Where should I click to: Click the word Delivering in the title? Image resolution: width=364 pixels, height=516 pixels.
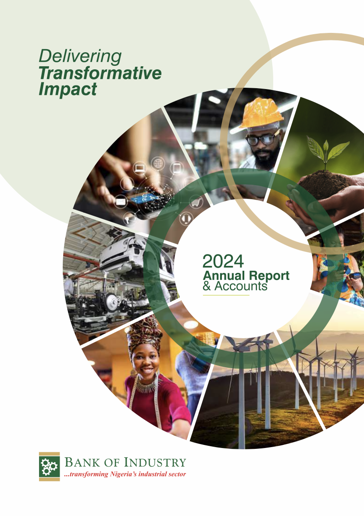(80, 56)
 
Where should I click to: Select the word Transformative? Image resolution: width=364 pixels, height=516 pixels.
(100, 73)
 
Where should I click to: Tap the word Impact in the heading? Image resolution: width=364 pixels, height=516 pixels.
(68, 89)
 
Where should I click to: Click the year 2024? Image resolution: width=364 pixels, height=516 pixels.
(223, 262)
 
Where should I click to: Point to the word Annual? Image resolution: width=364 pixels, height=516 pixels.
(224, 276)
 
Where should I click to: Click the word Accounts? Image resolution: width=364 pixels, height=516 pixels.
(241, 286)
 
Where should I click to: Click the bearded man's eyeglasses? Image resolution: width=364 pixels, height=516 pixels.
(262, 140)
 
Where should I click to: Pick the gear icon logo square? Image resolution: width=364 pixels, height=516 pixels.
(49, 466)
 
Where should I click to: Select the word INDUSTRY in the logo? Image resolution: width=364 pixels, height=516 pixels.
(155, 462)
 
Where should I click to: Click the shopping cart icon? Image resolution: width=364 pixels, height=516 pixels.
(196, 202)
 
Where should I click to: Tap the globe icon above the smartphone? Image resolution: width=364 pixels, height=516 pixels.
(158, 163)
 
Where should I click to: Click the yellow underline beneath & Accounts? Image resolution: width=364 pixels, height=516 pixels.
(226, 295)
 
